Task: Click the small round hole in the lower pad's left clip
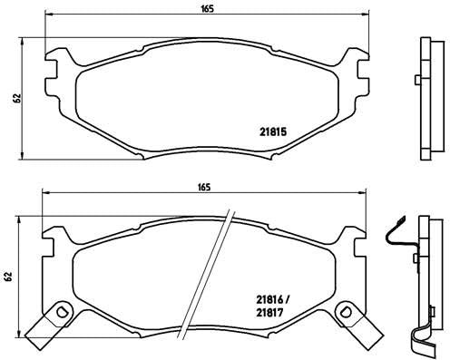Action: coord(63,313)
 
